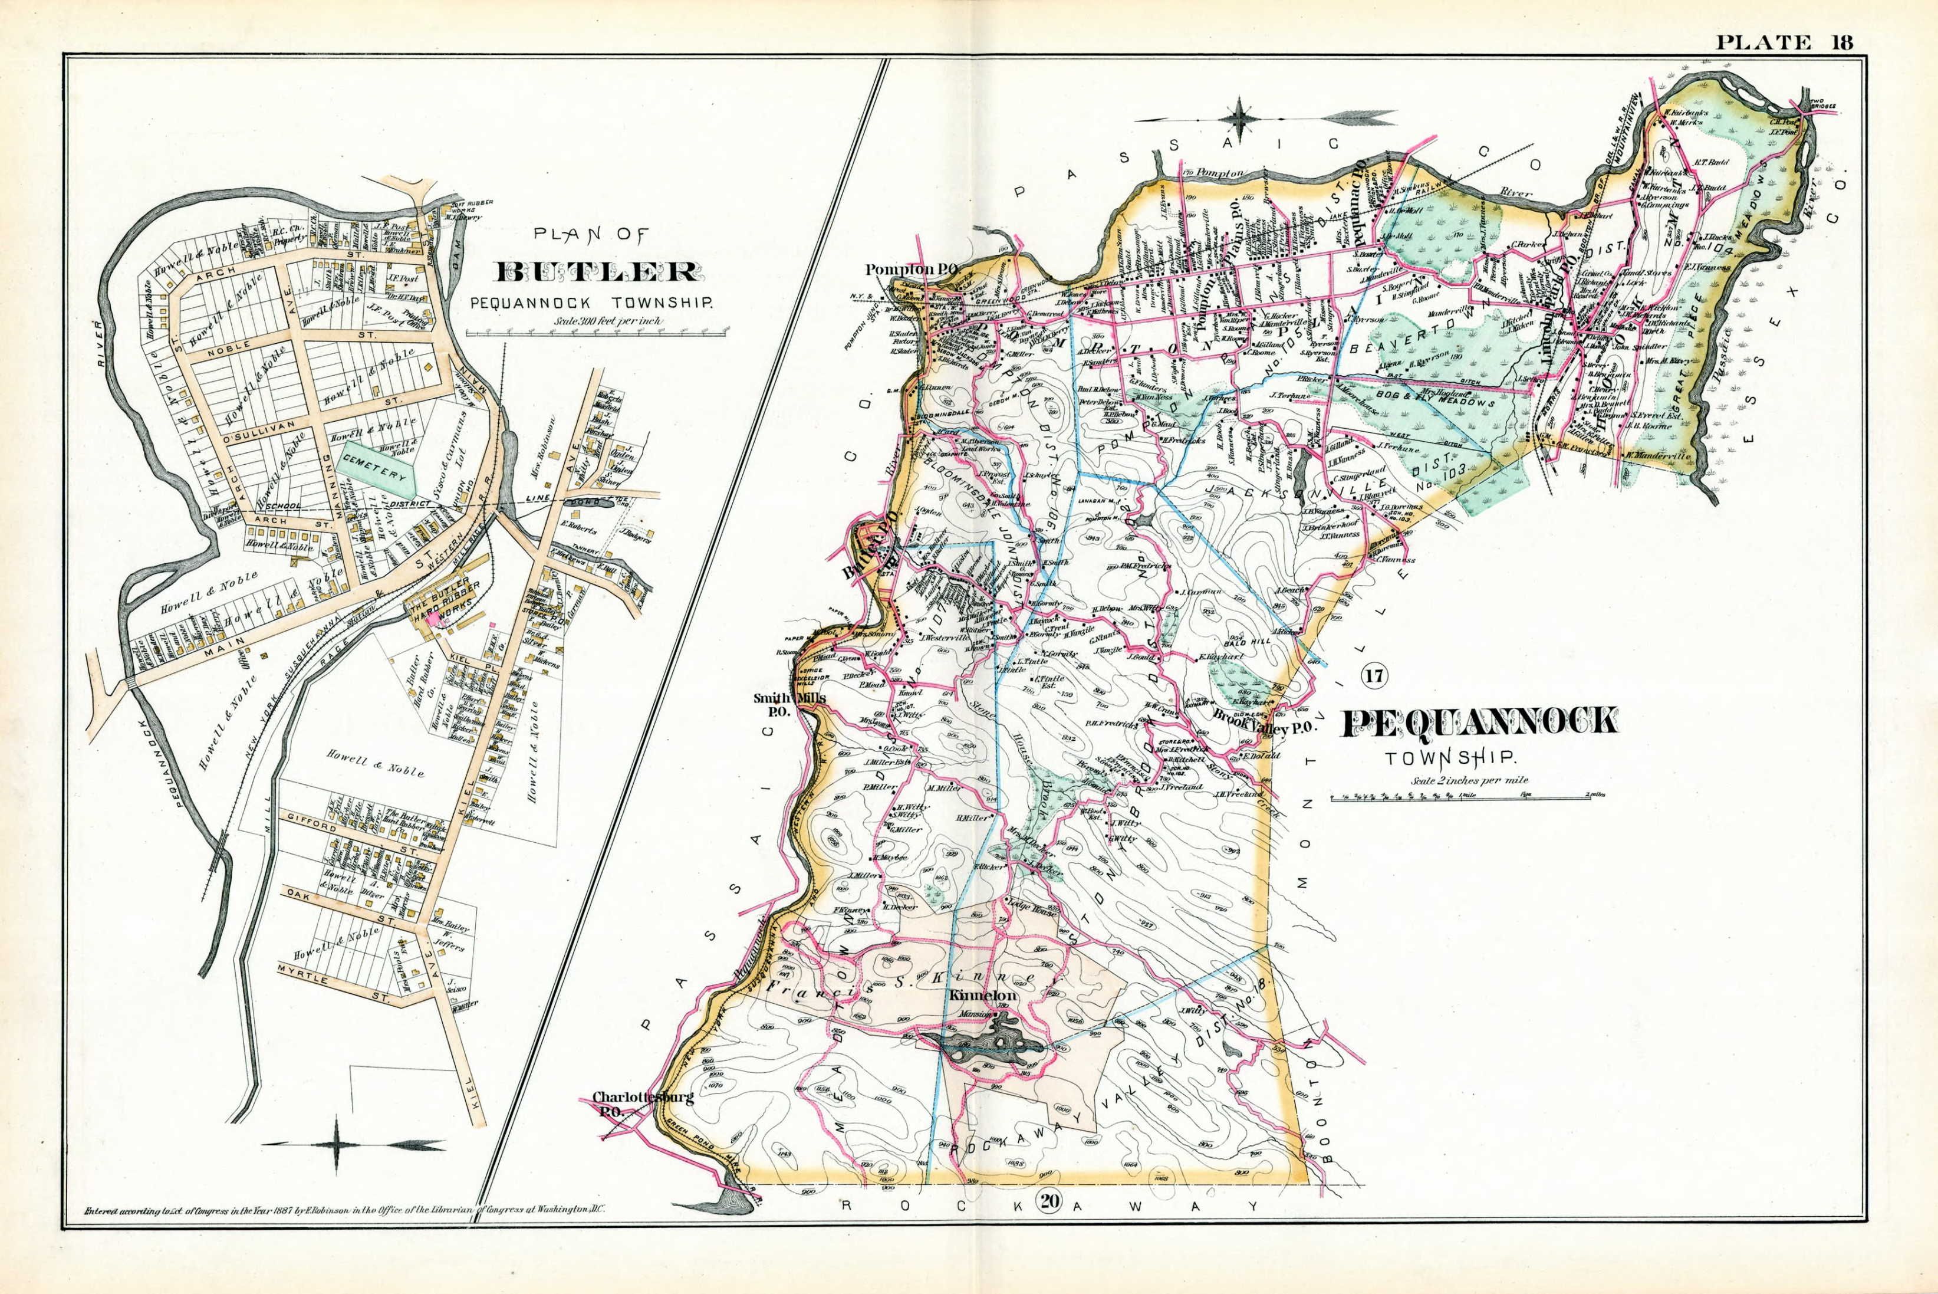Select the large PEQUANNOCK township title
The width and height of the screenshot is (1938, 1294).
(1480, 722)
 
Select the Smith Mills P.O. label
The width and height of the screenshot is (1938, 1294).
(789, 703)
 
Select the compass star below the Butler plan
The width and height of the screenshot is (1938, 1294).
(337, 1145)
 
